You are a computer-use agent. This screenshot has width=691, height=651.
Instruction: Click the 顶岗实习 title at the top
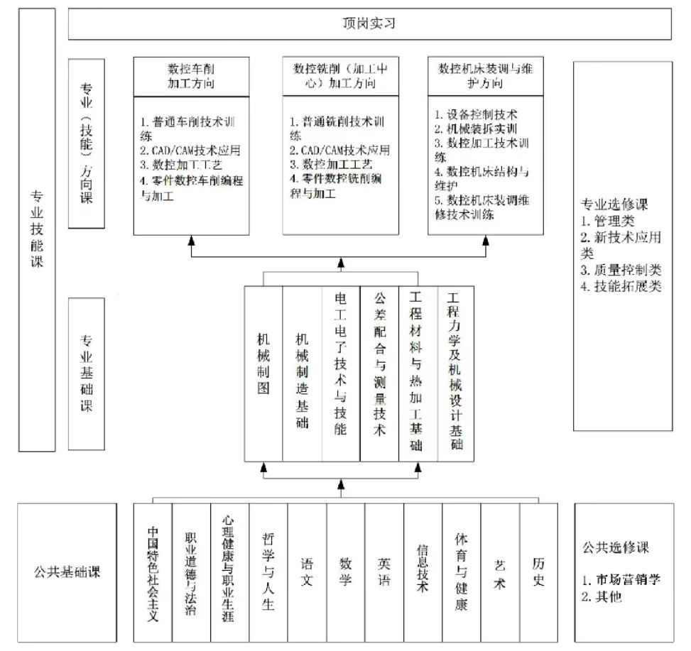coord(369,23)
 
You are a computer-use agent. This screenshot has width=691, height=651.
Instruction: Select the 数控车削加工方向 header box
coord(191,77)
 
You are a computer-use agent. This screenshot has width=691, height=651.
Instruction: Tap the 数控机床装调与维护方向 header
coord(485,76)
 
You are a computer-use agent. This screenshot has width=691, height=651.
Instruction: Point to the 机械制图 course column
coord(263,374)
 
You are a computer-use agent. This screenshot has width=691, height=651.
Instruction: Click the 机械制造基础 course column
coord(303,374)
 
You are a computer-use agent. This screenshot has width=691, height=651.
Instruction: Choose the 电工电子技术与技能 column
coord(341,374)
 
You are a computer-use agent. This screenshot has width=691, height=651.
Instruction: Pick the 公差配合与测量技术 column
coord(379,374)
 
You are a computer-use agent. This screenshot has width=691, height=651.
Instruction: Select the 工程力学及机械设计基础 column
coord(456,374)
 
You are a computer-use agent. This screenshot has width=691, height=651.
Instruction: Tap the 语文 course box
coord(308,573)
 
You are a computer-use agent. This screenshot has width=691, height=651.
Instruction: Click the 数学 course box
coord(346,573)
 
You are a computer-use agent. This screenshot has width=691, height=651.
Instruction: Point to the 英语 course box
coord(384,573)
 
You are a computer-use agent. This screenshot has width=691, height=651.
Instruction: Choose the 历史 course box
coord(538,573)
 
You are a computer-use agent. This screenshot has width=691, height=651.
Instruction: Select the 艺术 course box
coord(500,573)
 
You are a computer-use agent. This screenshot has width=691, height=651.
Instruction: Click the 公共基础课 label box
coord(67,573)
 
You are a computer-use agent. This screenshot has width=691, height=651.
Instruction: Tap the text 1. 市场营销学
coord(621,579)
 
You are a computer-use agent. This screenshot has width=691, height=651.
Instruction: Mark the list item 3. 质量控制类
coord(621,270)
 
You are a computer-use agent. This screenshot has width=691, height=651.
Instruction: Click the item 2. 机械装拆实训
coord(476,128)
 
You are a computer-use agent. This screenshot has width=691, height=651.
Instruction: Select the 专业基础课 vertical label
coord(87,374)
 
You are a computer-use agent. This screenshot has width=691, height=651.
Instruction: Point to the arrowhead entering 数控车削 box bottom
coord(191,240)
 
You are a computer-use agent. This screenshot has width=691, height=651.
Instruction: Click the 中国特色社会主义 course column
coord(153,573)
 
